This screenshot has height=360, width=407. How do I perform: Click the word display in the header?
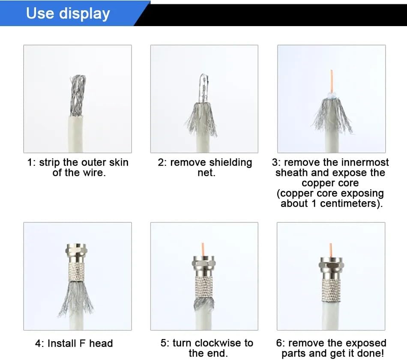(x=84, y=14)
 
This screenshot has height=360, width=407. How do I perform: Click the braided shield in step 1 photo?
(x=78, y=95)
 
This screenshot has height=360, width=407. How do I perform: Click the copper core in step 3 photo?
(x=332, y=80)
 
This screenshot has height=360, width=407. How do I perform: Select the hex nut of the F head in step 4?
(x=76, y=250)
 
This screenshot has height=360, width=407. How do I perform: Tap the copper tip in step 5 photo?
(x=203, y=249)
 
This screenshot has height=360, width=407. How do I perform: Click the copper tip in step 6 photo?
(x=331, y=250)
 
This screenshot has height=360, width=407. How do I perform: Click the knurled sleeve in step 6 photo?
(x=331, y=291)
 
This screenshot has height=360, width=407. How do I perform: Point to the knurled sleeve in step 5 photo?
(x=204, y=287)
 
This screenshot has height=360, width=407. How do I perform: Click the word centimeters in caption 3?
(x=348, y=203)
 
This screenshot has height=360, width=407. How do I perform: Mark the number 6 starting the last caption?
(x=279, y=343)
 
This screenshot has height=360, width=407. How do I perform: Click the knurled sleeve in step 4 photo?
(x=77, y=269)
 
